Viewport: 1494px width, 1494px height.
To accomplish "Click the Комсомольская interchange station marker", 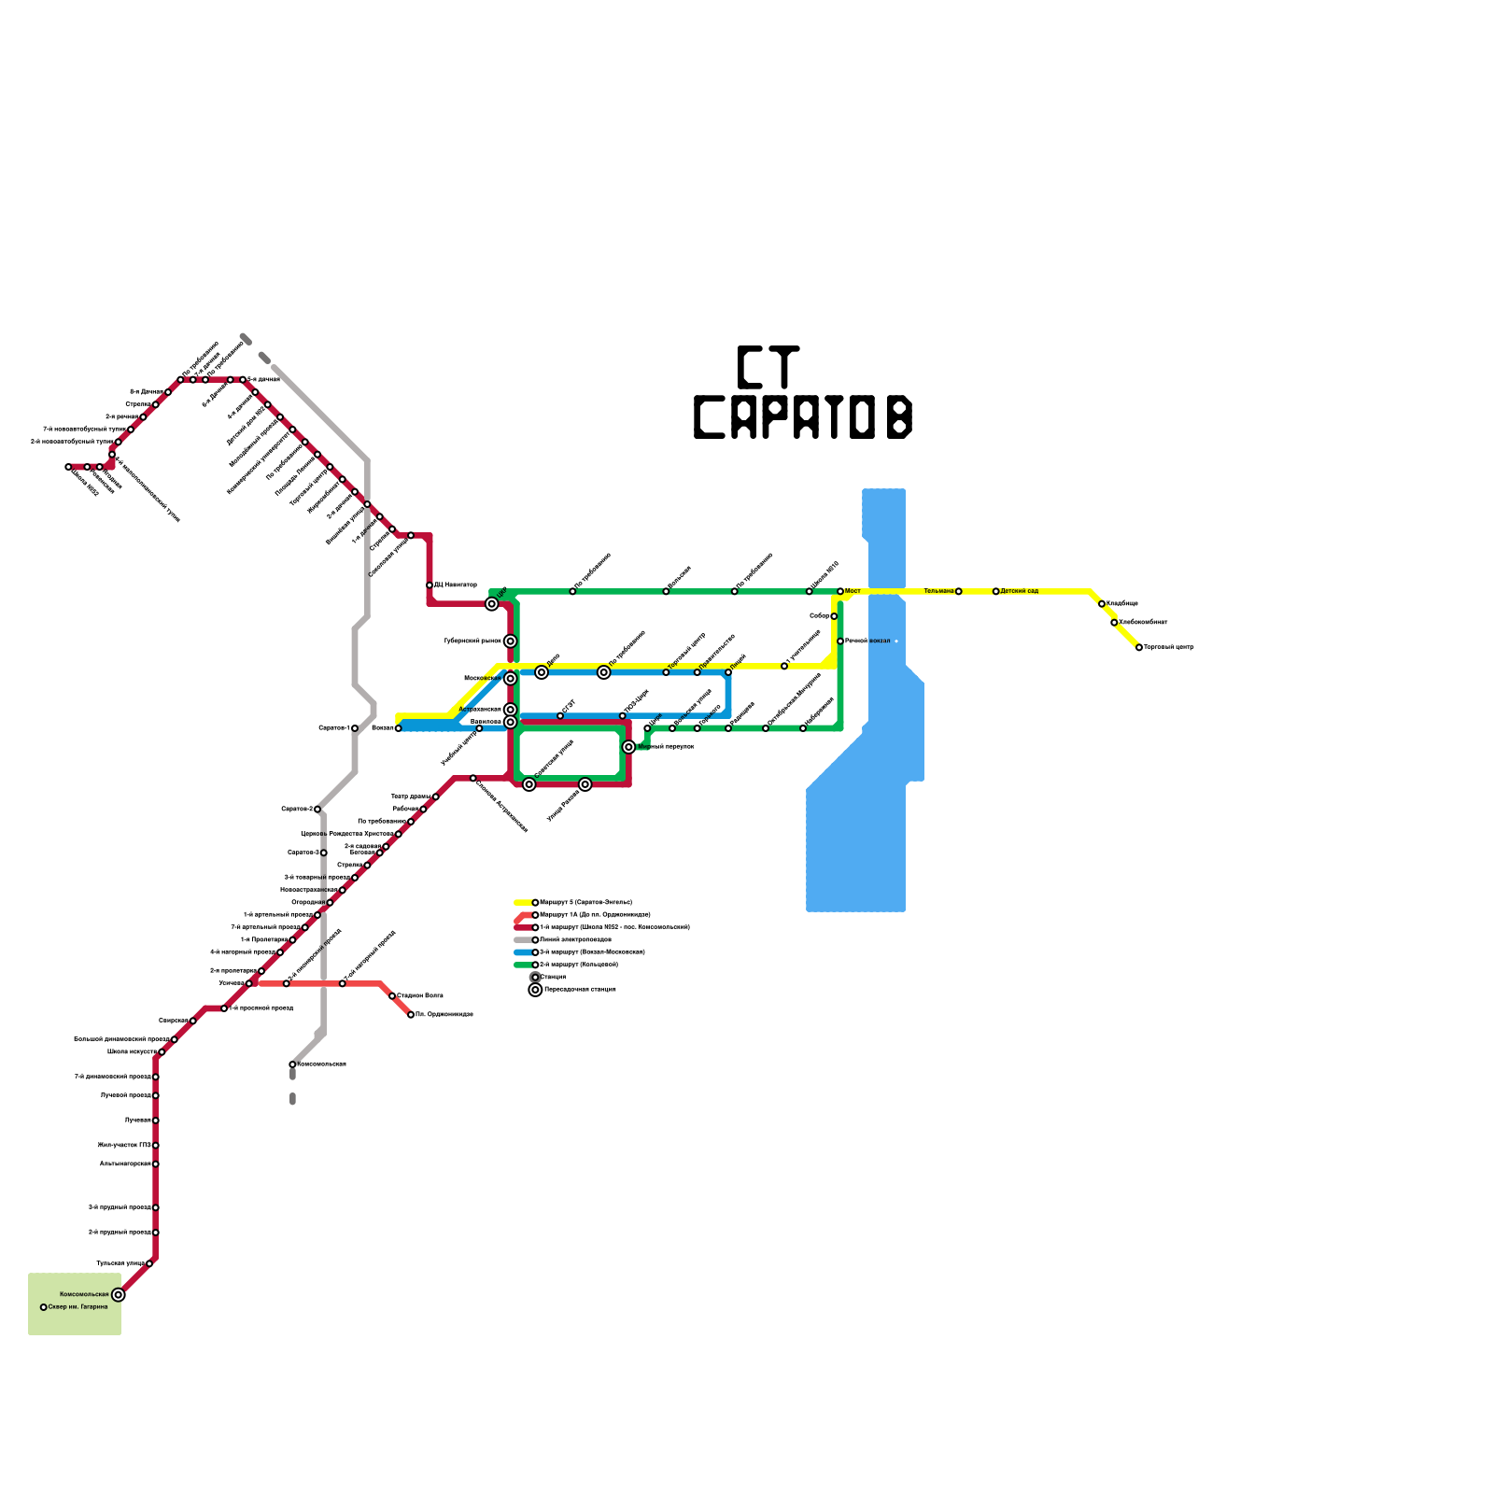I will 118,1294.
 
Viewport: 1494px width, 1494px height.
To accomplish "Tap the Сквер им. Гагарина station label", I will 78,1307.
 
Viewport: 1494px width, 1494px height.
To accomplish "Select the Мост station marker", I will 840,591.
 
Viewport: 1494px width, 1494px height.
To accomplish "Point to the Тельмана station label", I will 938,591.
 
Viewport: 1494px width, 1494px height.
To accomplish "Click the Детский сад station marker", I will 995,591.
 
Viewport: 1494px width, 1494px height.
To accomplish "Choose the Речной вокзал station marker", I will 840,641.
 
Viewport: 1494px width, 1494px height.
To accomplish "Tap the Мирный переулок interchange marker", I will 628,747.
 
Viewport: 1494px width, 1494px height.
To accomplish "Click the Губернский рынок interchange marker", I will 510,641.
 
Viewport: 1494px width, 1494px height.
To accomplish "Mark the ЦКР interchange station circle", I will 492,604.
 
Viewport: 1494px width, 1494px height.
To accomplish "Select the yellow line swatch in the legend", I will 523,902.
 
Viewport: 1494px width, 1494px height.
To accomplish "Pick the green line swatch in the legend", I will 523,965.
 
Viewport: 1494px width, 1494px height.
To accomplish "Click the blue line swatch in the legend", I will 523,952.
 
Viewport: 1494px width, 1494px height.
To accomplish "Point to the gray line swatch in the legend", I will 523,939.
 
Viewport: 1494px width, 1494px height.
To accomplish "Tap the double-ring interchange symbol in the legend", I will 535,990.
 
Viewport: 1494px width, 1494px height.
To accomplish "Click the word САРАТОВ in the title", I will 802,417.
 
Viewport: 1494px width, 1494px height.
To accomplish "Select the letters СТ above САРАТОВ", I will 768,367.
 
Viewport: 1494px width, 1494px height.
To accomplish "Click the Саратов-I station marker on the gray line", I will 355,728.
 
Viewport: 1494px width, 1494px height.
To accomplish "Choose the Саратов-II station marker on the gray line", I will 317,809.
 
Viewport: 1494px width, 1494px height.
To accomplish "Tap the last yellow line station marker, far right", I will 1139,647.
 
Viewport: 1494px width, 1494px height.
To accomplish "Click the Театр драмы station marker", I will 436,796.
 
